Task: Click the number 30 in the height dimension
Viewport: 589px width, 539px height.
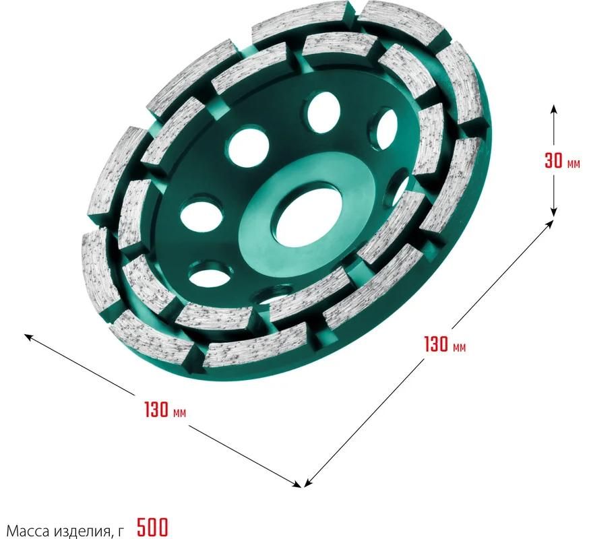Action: (x=553, y=161)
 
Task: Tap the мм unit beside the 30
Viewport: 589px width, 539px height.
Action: (x=573, y=164)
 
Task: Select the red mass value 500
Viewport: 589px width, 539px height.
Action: (x=152, y=527)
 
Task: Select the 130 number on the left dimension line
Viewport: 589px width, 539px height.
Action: (x=156, y=410)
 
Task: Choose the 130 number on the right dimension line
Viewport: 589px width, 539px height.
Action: (x=436, y=344)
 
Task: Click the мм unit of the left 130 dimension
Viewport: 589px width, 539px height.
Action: (x=179, y=413)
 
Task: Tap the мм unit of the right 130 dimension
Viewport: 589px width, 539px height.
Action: (x=459, y=348)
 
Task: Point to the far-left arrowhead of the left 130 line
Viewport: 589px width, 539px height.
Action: (x=28, y=337)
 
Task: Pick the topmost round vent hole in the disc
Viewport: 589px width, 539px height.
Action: (x=321, y=113)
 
